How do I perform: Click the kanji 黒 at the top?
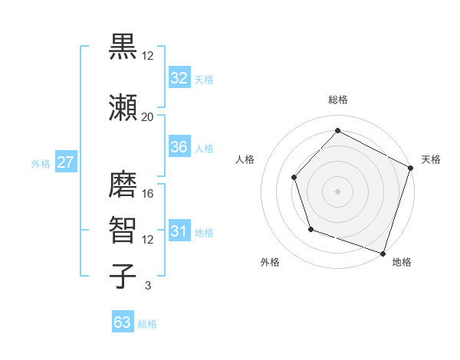123,47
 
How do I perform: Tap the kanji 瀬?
123,107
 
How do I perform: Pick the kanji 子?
123,275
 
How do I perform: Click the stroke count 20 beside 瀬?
148,116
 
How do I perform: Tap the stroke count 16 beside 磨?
148,193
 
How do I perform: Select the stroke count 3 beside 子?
148,285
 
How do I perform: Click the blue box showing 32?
179,77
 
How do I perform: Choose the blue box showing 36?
179,147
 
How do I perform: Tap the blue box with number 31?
179,231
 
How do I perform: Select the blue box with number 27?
65,162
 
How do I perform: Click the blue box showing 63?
123,322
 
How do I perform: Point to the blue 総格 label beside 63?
147,324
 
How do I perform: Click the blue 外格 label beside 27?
41,163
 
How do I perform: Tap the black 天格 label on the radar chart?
431,159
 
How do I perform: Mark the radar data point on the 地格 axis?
383,253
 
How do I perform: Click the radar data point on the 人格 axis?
294,177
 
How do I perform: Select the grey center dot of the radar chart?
337,191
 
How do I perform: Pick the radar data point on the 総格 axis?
337,130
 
